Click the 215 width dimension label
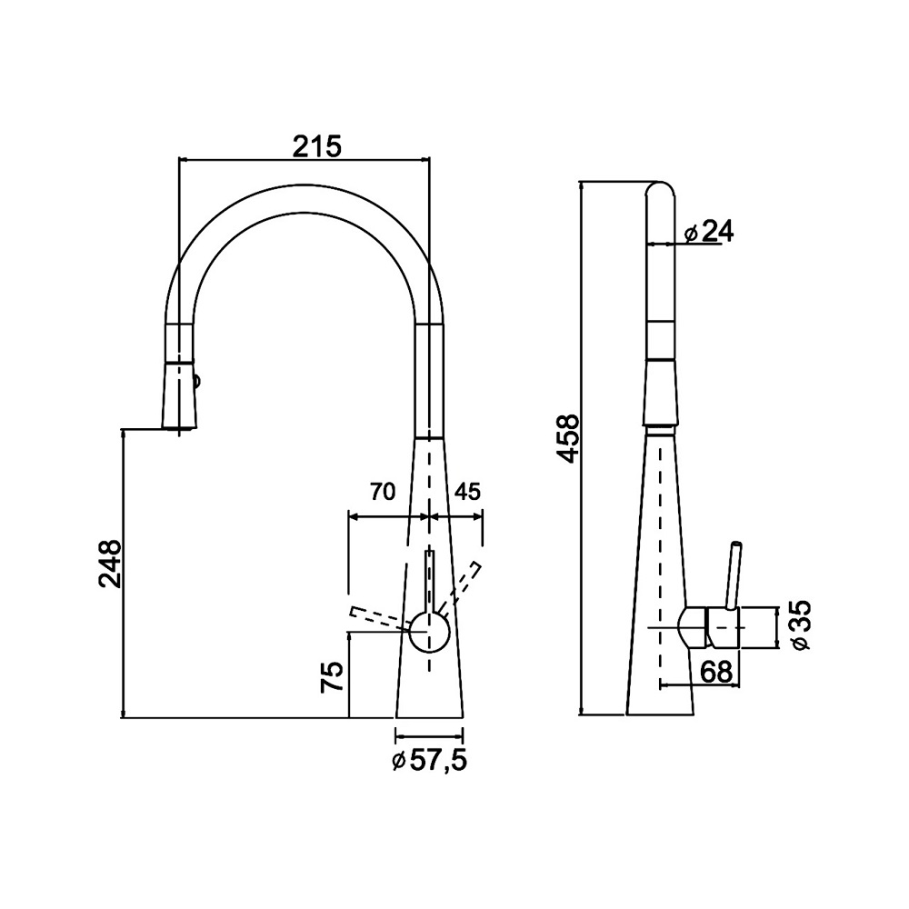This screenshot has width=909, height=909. point(316,146)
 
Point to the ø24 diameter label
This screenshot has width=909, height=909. point(708,232)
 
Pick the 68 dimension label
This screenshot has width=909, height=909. point(716,673)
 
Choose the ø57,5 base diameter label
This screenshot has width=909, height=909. point(430,761)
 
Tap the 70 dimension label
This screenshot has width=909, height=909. point(382,492)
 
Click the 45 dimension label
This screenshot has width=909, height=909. point(467,492)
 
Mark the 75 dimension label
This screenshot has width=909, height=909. point(333,677)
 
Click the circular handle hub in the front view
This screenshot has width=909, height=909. point(429,633)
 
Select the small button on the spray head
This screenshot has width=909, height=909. point(196,382)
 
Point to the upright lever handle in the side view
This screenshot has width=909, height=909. point(734,575)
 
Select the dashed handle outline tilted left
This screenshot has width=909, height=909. point(380,618)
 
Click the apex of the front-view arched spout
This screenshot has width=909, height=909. point(304,185)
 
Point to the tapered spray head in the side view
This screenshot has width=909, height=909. point(660,395)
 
